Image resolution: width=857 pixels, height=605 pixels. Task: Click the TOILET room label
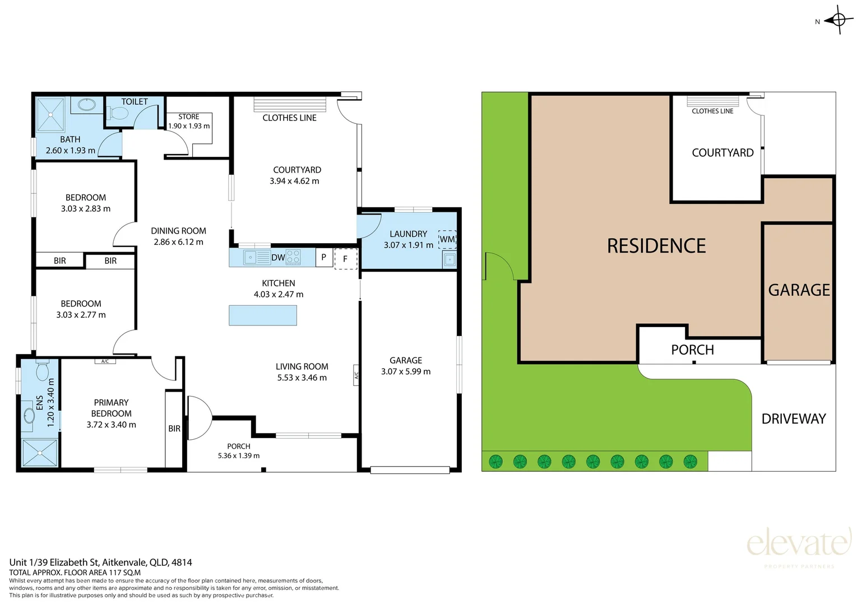click(135, 102)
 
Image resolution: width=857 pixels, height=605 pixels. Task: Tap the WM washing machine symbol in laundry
click(447, 239)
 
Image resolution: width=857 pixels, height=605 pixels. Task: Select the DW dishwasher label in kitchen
click(278, 257)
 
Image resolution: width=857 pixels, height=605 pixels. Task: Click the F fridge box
click(346, 259)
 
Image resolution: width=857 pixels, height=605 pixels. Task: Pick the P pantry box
click(324, 257)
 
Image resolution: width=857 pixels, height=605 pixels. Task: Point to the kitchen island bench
click(263, 315)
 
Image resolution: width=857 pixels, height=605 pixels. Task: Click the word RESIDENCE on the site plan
click(656, 246)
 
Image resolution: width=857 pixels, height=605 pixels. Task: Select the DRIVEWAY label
click(794, 419)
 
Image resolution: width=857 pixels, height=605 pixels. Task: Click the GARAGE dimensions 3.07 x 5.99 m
click(406, 371)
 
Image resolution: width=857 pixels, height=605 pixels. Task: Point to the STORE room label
click(189, 117)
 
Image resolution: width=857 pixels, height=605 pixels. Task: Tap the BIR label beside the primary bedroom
click(174, 429)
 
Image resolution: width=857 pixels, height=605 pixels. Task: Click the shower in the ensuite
click(40, 453)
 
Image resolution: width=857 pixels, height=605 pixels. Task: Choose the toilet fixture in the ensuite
click(42, 369)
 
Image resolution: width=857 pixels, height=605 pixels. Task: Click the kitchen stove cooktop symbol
click(294, 257)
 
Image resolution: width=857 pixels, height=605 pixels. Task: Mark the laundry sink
click(450, 260)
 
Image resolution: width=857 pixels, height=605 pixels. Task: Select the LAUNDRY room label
click(408, 234)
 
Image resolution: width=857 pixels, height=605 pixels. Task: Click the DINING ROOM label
click(178, 231)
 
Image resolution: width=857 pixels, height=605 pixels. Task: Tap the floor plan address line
click(101, 562)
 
